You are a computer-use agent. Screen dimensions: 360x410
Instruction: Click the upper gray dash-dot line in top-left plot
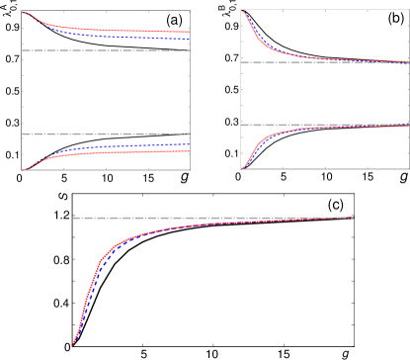pos(106,50)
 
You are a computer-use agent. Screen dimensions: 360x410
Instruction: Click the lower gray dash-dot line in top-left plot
pos(106,134)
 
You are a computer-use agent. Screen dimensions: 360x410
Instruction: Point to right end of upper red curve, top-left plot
pos(189,33)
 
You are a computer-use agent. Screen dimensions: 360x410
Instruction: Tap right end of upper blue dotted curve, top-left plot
pos(189,40)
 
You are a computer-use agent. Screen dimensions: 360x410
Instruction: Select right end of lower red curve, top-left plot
pos(189,151)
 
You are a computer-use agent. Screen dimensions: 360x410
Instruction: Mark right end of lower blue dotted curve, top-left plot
pos(189,144)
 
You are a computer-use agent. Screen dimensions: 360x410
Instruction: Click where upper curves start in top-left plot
pos(23,12)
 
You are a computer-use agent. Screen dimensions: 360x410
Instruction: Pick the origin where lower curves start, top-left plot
pos(23,169)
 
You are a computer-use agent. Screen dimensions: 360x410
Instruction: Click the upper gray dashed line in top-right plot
pos(324,62)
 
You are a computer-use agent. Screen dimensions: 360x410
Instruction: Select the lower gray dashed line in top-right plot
pos(324,125)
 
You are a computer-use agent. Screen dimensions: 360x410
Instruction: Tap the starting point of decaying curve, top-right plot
pos(242,11)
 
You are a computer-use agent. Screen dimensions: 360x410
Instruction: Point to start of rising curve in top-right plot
pos(242,168)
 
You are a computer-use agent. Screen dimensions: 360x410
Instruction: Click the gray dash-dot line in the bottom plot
pos(212,218)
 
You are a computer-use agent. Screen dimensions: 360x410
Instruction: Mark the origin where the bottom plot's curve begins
pos(72,345)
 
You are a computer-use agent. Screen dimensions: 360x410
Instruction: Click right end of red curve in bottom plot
pos(353,218)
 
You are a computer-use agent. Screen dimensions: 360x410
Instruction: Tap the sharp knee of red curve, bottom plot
pos(101,261)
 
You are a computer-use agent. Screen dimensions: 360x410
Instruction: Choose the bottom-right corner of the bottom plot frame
pos(354,346)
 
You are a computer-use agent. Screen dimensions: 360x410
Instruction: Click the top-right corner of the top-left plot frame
pos(190,11)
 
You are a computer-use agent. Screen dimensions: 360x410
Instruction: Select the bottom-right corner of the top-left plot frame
pos(190,170)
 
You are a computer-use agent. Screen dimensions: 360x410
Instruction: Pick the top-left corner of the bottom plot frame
pos(72,194)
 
